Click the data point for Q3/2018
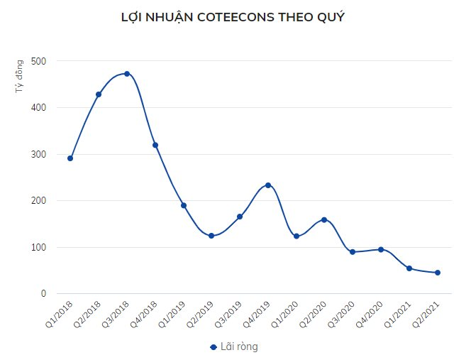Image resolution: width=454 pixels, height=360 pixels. (x=127, y=74)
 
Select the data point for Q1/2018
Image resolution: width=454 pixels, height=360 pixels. (x=70, y=158)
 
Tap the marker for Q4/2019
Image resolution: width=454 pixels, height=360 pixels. (x=268, y=185)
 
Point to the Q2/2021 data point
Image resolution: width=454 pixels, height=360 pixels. (x=438, y=273)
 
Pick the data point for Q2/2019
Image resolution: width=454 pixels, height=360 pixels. (x=211, y=236)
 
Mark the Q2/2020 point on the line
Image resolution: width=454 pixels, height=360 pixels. (x=324, y=220)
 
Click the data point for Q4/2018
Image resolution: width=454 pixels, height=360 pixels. (x=155, y=145)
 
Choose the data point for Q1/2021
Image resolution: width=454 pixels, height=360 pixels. (x=409, y=268)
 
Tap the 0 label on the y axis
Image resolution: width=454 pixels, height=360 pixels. (x=43, y=294)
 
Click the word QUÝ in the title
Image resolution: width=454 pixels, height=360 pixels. (x=330, y=17)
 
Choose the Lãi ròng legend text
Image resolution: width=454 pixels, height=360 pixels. (x=239, y=347)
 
